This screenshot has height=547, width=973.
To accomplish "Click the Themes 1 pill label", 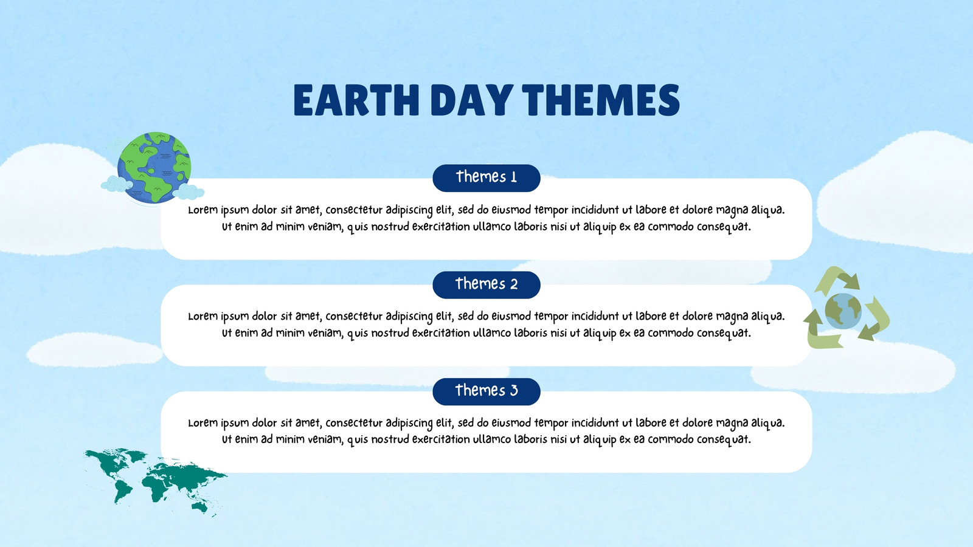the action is (x=486, y=177).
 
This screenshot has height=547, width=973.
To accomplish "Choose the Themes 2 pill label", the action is (x=486, y=284).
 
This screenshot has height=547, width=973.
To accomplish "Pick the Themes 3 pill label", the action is (x=486, y=391).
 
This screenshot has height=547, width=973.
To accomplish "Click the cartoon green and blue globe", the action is (x=154, y=168).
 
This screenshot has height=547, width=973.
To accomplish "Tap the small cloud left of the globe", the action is (x=116, y=184).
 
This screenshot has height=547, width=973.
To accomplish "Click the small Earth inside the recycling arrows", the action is (x=843, y=311).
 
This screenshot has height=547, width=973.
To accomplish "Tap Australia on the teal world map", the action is (x=200, y=506).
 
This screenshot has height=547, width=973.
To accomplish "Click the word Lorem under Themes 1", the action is (x=203, y=210).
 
